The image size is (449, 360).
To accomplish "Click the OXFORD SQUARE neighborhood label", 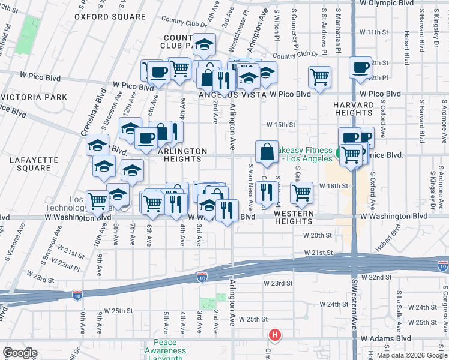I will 110,17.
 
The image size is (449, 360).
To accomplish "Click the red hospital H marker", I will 275,334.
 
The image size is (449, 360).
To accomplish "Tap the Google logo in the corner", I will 20,353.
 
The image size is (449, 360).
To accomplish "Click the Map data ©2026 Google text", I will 412,355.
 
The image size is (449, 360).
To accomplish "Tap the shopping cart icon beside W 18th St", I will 301,193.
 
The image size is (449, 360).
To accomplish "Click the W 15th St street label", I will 282,124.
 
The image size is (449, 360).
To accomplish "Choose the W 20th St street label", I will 318,236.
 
